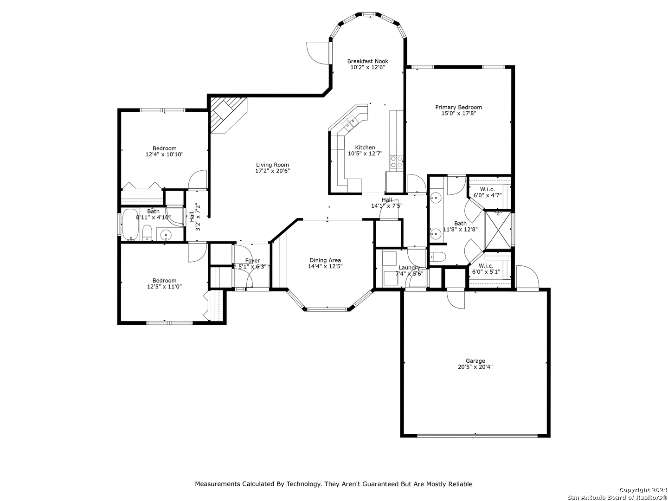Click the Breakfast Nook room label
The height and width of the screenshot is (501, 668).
[x=367, y=61]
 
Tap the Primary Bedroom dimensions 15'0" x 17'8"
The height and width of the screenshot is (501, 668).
[x=458, y=113]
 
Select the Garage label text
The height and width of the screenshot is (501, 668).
[x=475, y=361]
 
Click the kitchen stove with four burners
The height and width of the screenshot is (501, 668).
[x=396, y=161]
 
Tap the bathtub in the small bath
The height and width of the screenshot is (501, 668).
[x=130, y=225]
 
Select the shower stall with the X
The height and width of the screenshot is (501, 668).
[x=498, y=230]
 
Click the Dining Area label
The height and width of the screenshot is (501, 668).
[x=325, y=260]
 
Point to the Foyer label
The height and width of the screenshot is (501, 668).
[x=252, y=260]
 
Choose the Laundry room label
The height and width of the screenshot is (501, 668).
[x=409, y=267]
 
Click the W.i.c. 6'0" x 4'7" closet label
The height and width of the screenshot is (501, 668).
[x=487, y=192]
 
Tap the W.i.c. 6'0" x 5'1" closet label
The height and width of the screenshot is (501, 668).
[x=486, y=269]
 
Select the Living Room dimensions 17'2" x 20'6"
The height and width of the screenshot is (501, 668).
[x=272, y=171]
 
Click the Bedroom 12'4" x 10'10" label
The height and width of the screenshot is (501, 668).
[x=164, y=151]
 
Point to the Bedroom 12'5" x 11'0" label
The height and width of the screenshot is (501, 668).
[x=164, y=283]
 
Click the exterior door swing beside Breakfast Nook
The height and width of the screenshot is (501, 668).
[x=318, y=53]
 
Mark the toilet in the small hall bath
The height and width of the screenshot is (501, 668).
[x=148, y=233]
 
